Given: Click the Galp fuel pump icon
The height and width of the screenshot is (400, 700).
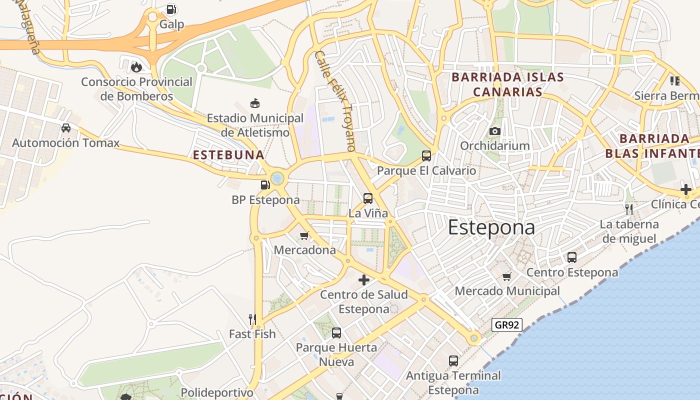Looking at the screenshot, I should [x=171, y=9].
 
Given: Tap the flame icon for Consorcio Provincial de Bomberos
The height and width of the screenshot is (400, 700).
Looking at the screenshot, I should [x=136, y=66].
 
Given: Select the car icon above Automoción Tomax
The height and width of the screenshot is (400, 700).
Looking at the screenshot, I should [x=65, y=128].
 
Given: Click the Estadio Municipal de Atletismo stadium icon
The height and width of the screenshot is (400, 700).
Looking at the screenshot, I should [x=255, y=103].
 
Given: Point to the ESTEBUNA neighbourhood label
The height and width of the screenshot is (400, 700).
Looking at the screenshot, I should [x=228, y=155].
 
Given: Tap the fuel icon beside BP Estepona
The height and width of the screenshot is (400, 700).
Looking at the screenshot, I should [x=265, y=185].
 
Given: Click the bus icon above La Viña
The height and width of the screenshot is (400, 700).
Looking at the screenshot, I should [x=368, y=198].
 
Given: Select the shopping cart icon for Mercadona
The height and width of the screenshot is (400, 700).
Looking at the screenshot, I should [x=304, y=235].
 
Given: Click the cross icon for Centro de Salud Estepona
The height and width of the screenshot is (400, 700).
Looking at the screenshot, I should [x=364, y=280].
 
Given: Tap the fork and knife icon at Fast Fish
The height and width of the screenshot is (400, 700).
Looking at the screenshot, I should [x=252, y=319].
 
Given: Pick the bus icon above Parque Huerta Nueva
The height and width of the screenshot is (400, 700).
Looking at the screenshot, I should [x=336, y=332].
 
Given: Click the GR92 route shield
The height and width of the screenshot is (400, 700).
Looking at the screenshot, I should [x=506, y=325].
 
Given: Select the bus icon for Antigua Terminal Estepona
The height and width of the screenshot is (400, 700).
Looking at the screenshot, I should [x=453, y=360].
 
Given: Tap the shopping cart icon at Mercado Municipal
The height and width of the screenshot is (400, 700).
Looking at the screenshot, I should [x=507, y=276].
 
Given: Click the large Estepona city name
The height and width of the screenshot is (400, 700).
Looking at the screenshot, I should [x=491, y=227].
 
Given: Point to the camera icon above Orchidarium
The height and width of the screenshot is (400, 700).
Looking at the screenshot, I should [x=495, y=131].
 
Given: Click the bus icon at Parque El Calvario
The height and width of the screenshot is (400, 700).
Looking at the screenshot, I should [x=426, y=155].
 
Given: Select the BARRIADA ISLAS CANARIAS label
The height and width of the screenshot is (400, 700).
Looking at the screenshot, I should [x=507, y=84].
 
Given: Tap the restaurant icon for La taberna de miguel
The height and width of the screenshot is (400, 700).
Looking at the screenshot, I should [x=629, y=209].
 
